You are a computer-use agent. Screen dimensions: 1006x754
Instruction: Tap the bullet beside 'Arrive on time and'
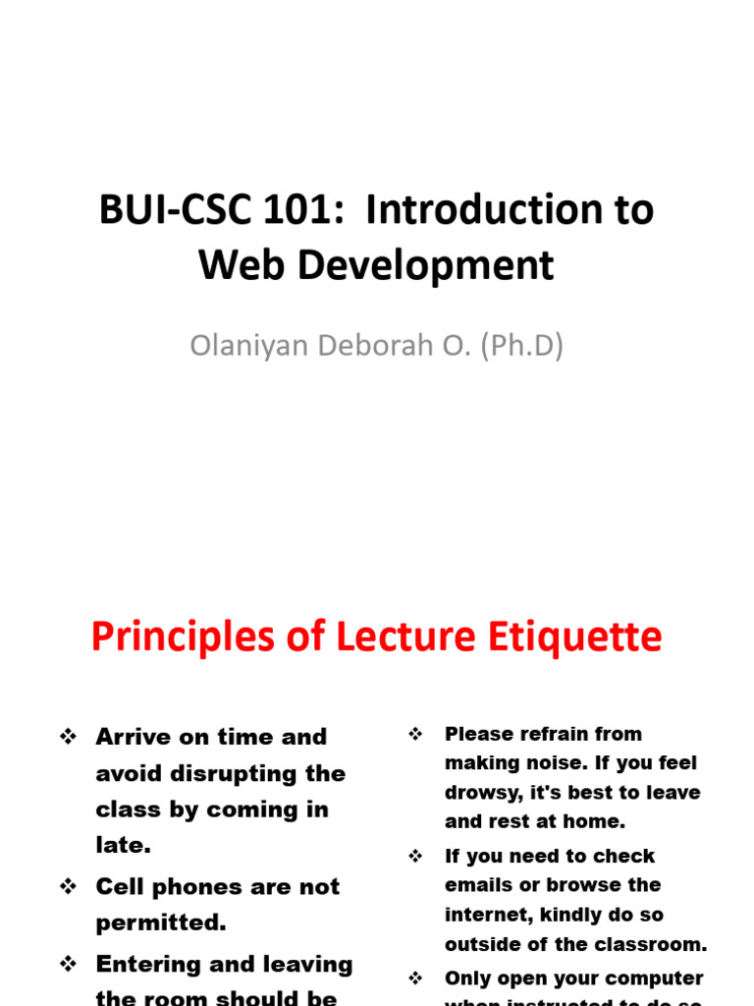[x=68, y=737]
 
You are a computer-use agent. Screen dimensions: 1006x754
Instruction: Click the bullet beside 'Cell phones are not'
[x=68, y=887]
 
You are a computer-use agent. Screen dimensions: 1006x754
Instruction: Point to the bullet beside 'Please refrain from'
[x=415, y=734]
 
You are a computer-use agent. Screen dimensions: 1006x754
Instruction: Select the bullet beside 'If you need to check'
[x=415, y=857]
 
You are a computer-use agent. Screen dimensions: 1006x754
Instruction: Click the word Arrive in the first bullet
[x=133, y=737]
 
